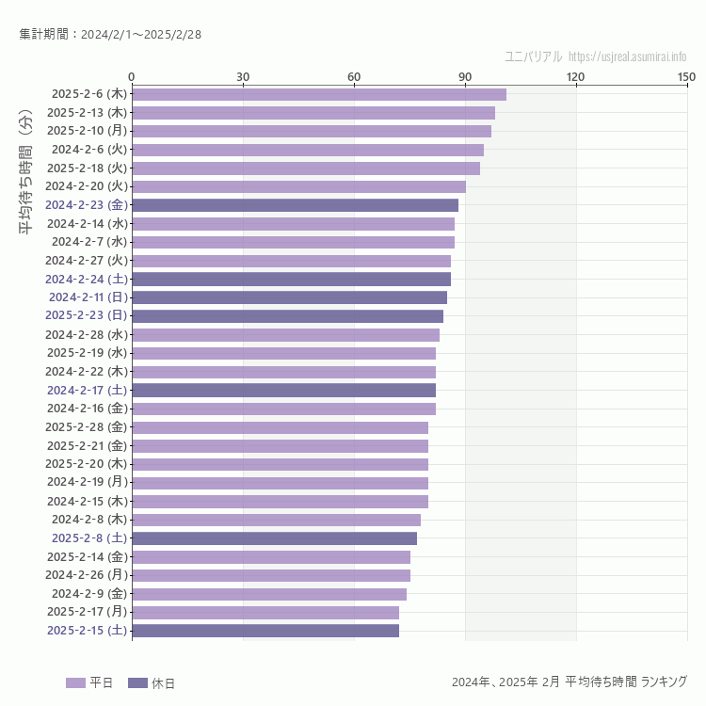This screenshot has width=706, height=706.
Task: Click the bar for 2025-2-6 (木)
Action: (x=318, y=94)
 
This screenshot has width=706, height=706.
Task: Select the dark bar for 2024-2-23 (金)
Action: (x=295, y=205)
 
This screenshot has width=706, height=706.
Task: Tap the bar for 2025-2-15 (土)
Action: (x=265, y=631)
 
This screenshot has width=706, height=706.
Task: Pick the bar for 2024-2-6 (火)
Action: (x=307, y=150)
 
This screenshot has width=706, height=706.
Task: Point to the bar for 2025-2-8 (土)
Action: (x=274, y=538)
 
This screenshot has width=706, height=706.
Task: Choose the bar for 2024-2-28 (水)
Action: (x=285, y=335)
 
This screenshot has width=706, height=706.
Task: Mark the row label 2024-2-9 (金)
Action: (x=89, y=594)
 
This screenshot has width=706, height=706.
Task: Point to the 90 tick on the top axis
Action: (x=465, y=76)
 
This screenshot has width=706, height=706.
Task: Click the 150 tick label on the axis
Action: (x=686, y=76)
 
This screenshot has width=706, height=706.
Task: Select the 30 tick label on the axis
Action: (x=243, y=76)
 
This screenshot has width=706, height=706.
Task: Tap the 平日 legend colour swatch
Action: (x=75, y=683)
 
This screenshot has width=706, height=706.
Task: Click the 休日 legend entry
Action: (x=151, y=683)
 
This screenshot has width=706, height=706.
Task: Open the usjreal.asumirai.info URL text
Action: (x=627, y=56)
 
